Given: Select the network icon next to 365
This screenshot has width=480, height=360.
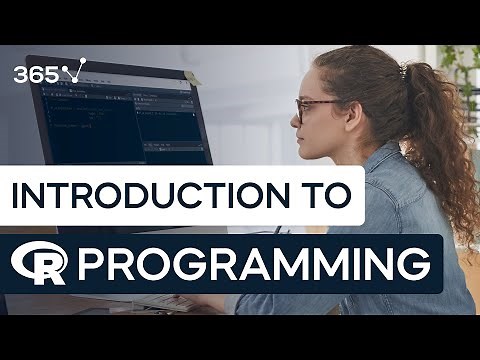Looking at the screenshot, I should (x=72, y=71).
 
